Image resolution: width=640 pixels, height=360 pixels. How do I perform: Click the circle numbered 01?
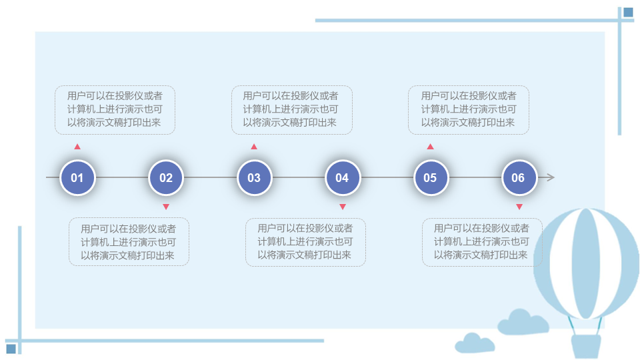pyautogui.click(x=77, y=177)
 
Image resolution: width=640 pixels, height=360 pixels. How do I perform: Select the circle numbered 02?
pyautogui.click(x=166, y=177)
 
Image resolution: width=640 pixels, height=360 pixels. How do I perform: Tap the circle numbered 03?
pyautogui.click(x=254, y=177)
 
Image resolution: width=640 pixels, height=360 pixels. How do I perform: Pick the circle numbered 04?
pyautogui.click(x=343, y=177)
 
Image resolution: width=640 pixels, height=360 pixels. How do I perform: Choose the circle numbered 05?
pyautogui.click(x=431, y=177)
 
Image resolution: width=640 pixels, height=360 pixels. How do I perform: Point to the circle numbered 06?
pyautogui.click(x=519, y=177)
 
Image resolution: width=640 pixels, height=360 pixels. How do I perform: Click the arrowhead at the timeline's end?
pyautogui.click(x=551, y=177)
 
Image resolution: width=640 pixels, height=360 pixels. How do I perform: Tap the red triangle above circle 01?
pyautogui.click(x=77, y=147)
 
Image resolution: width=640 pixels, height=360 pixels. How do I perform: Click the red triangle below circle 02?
pyautogui.click(x=166, y=207)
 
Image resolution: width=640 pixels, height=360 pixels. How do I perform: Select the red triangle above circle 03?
pyautogui.click(x=254, y=147)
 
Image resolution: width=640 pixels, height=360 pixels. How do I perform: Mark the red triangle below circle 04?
pyautogui.click(x=343, y=207)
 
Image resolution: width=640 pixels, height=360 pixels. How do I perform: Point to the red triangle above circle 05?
pyautogui.click(x=430, y=147)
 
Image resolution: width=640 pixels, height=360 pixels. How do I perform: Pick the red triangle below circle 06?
pyautogui.click(x=519, y=207)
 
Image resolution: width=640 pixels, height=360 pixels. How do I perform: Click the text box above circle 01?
pyautogui.click(x=115, y=110)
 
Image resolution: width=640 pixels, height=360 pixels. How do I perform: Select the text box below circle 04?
pyautogui.click(x=305, y=242)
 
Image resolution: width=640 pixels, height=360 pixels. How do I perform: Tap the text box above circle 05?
pyautogui.click(x=469, y=110)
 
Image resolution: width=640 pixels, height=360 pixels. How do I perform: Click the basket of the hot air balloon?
pyautogui.click(x=586, y=347)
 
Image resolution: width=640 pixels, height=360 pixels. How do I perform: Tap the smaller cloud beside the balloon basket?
pyautogui.click(x=475, y=343)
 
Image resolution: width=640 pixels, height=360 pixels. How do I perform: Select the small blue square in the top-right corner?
pyautogui.click(x=628, y=13)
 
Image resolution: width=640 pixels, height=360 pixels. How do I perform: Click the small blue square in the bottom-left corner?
pyautogui.click(x=11, y=349)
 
